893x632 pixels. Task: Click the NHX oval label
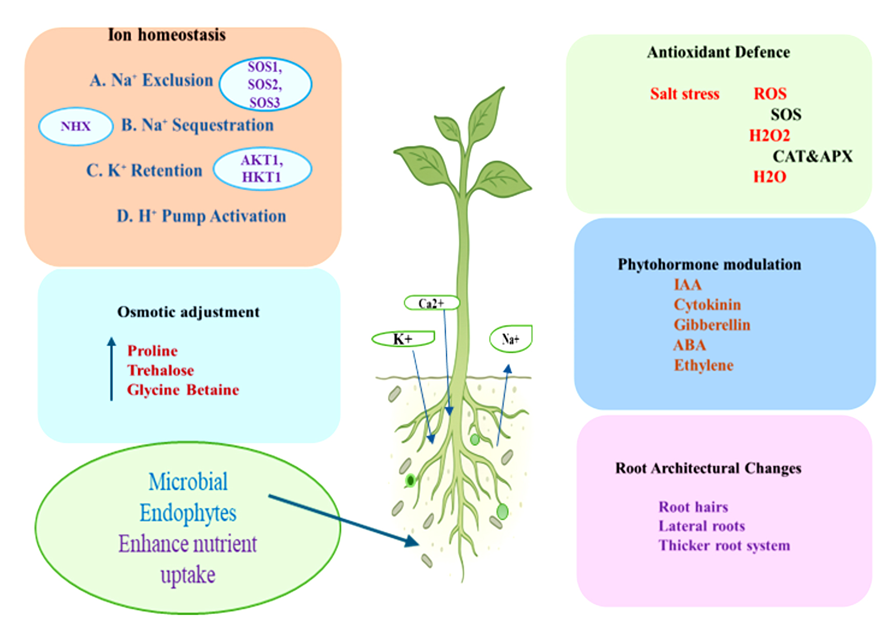coord(76,126)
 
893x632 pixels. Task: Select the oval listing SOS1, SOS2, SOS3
coord(265,84)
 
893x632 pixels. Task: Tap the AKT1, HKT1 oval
coord(262,169)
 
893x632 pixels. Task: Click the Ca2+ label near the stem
coord(431,303)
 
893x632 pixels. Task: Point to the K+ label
coord(403,338)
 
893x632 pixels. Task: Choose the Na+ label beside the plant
coord(511,338)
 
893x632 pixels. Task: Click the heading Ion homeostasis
coord(167,35)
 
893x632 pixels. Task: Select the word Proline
coord(153,351)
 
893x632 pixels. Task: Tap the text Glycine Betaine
coord(183,390)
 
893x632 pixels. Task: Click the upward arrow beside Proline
coord(112,369)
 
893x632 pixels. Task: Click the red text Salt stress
coord(685,94)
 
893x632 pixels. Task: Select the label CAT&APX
coord(813,156)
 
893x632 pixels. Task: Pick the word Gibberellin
coord(712,325)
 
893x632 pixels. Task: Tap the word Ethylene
coord(704,365)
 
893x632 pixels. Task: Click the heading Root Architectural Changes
coord(708,468)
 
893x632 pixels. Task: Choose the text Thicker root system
coord(724,546)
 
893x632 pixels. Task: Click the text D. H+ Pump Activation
coord(201,216)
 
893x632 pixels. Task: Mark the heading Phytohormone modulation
coord(709,264)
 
